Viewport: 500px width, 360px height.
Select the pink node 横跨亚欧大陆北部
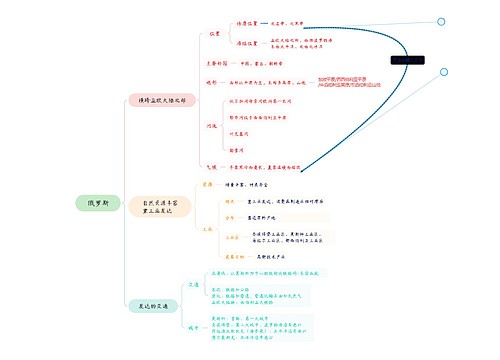pyautogui.click(x=159, y=100)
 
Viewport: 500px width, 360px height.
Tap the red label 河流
pyautogui.click(x=211, y=126)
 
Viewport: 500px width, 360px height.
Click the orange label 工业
pyautogui.click(x=207, y=228)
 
